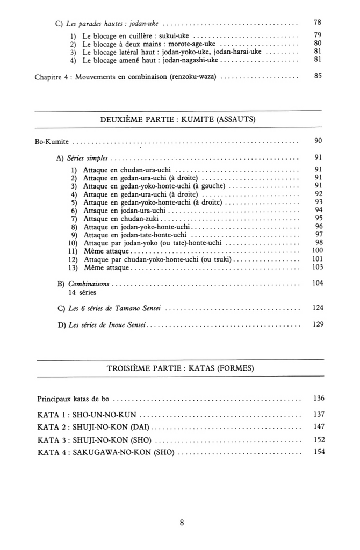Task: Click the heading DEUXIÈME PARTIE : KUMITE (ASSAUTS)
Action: [x=178, y=119]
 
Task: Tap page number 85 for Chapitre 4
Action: [x=318, y=76]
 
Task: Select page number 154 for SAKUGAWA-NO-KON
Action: [x=318, y=452]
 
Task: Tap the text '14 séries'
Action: [x=80, y=293]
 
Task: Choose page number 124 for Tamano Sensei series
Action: [x=317, y=309]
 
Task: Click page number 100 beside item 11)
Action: [x=317, y=250]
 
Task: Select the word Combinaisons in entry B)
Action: [x=89, y=283]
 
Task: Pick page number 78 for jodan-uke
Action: [x=318, y=23]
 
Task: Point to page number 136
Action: [x=318, y=399]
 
